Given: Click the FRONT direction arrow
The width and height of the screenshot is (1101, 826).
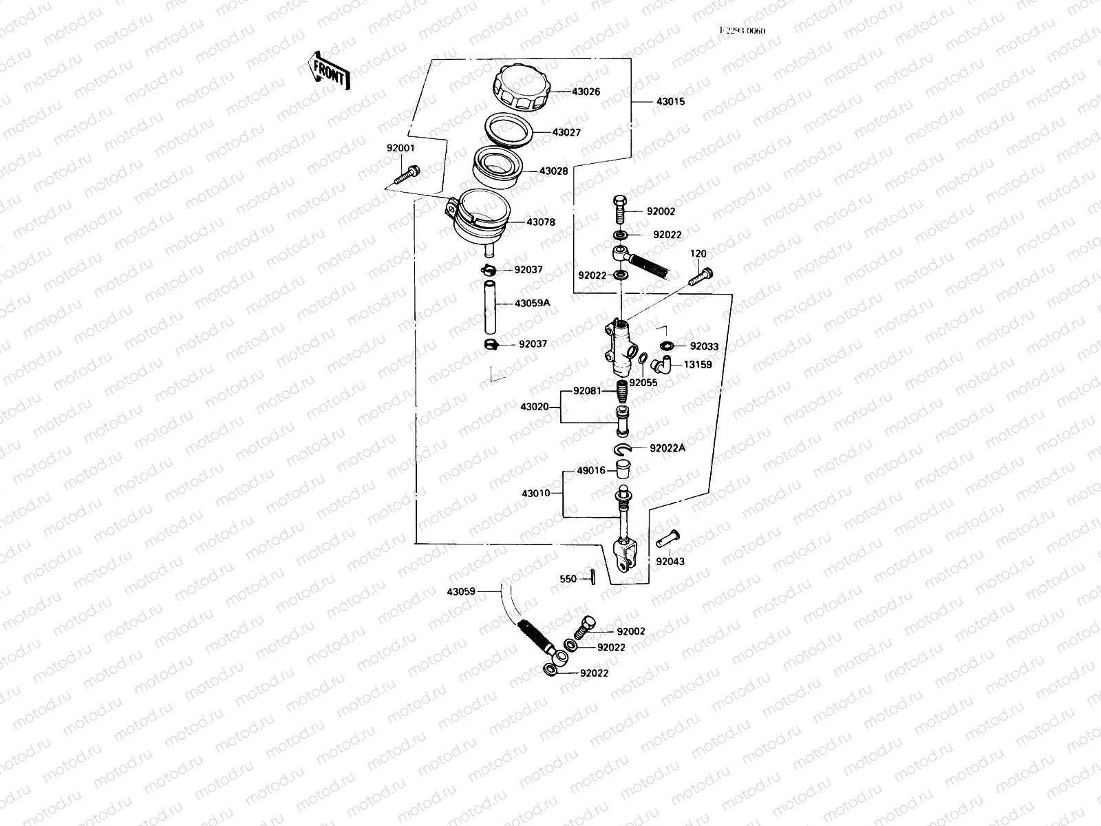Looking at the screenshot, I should pyautogui.click(x=328, y=72).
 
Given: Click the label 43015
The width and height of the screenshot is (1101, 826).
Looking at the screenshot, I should pyautogui.click(x=670, y=102).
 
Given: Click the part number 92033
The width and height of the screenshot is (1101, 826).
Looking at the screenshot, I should pyautogui.click(x=704, y=347).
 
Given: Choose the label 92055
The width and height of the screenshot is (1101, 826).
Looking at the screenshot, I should pyautogui.click(x=643, y=383).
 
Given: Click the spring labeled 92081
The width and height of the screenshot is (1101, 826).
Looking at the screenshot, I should pyautogui.click(x=622, y=392).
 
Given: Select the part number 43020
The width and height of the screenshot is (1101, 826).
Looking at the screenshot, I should pyautogui.click(x=535, y=407).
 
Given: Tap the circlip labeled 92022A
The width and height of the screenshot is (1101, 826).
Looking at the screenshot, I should pyautogui.click(x=624, y=449).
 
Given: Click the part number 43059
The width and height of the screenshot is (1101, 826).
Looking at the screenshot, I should pyautogui.click(x=460, y=591).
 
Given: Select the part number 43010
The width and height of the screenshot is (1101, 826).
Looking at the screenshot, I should pyautogui.click(x=536, y=494).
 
